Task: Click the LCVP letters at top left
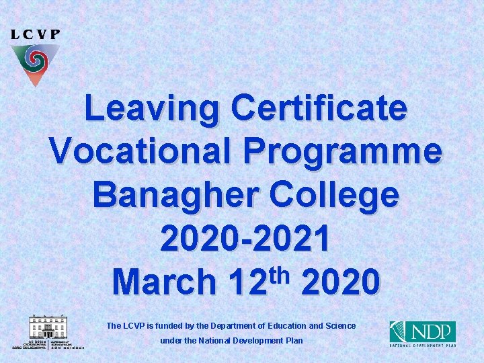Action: (36, 34)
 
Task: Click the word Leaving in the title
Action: (153, 110)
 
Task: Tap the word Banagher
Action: (175, 194)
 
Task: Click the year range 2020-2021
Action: (245, 239)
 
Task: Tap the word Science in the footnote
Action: (340, 326)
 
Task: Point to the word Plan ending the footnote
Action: (294, 341)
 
